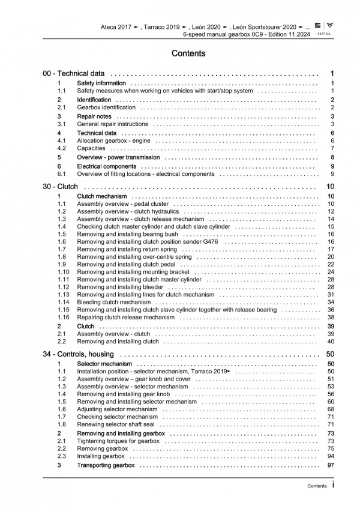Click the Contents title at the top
tap(188, 53)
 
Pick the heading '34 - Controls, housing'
tap(82, 355)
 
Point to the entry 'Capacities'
tap(91, 148)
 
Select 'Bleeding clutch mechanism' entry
tap(114, 302)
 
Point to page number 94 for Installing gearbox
tap(331, 456)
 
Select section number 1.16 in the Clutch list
tap(64, 318)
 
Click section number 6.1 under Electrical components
tap(61, 174)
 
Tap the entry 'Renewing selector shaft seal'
tap(118, 424)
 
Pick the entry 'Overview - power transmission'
tap(118, 157)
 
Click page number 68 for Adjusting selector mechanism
tap(331, 409)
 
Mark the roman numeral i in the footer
tap(332, 486)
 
